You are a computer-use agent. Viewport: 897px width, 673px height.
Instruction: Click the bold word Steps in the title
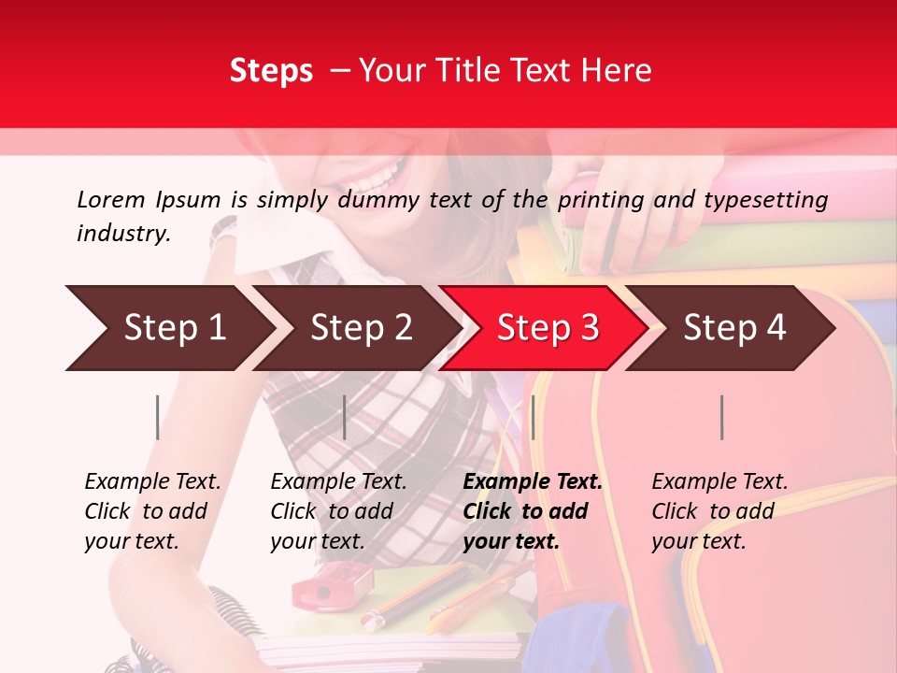tap(271, 71)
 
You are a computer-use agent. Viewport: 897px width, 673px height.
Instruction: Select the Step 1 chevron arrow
tap(168, 328)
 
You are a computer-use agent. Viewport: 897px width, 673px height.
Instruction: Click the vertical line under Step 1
tap(158, 417)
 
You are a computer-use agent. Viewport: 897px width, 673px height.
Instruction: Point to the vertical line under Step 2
tap(345, 417)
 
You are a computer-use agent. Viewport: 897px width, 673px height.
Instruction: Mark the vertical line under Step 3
tap(533, 417)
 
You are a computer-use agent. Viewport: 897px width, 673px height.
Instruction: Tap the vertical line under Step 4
tap(721, 417)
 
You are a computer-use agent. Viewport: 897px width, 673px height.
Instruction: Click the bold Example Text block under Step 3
tap(532, 511)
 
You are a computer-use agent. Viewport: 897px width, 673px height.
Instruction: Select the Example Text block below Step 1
tap(152, 511)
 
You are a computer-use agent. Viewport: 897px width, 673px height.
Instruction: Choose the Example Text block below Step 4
tap(719, 511)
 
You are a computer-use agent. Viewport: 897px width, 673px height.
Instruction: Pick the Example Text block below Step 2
tap(338, 511)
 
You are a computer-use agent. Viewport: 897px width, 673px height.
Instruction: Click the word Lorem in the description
tap(111, 199)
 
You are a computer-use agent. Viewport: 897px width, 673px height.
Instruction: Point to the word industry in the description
tap(123, 233)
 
